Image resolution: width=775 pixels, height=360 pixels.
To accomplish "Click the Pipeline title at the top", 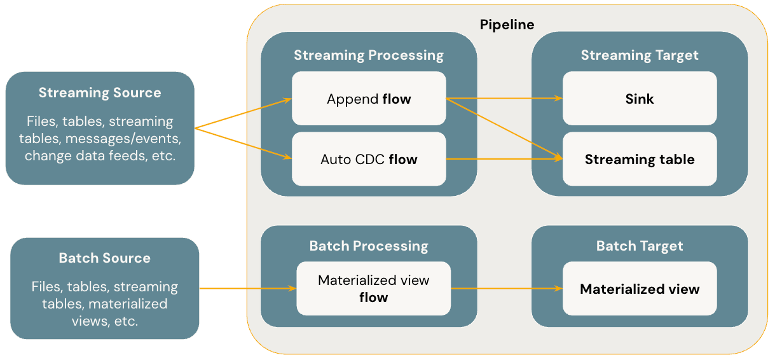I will click(507, 25).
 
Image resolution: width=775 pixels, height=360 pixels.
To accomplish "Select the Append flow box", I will click(369, 99).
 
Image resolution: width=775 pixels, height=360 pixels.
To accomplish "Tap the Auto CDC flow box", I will click(369, 159).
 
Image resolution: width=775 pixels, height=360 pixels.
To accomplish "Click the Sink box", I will click(640, 99).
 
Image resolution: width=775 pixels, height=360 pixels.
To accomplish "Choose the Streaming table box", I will click(640, 159).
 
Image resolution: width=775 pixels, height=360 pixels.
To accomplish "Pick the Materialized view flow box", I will click(373, 289).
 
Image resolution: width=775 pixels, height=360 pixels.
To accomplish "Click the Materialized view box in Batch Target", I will click(640, 289).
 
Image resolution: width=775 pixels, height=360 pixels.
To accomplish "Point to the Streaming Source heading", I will click(100, 93).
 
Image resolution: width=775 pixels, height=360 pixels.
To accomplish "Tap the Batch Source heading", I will click(105, 258).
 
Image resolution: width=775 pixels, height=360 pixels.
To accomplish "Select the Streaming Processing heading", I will click(369, 55).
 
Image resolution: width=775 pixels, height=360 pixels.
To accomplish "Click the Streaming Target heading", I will click(640, 55).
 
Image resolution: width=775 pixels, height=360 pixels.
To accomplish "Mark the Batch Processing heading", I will click(369, 246).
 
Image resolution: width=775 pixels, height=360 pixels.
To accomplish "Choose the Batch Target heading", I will click(640, 246).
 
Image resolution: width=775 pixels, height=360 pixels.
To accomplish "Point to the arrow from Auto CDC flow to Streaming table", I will click(502, 159).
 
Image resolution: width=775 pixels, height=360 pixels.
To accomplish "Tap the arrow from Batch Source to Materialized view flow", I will click(248, 289).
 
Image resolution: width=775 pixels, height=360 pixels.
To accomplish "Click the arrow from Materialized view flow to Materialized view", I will click(505, 289).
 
